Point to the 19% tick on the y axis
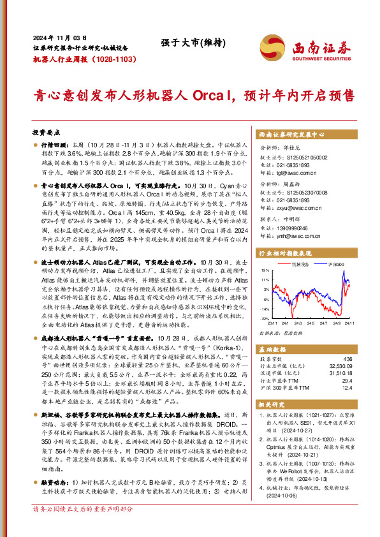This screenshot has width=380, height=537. click(x=265, y=270)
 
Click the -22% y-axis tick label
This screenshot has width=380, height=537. click(x=265, y=317)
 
